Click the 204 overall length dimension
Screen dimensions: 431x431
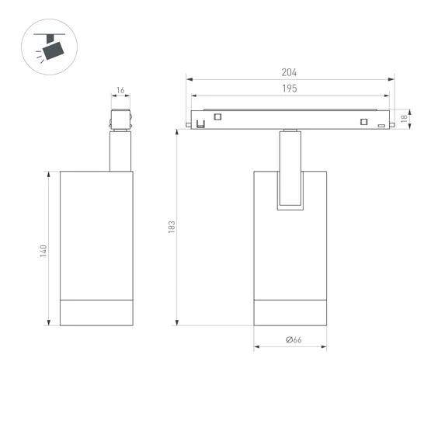(x=289, y=72)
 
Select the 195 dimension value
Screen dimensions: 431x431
(x=289, y=89)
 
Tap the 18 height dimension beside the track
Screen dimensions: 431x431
(x=405, y=119)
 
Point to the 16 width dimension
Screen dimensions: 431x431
(x=120, y=91)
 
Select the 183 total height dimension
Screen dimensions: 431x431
(x=172, y=227)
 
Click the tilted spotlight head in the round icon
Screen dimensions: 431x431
(x=54, y=50)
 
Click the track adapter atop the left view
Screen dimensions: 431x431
(x=120, y=121)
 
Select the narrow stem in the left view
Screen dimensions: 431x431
(x=120, y=151)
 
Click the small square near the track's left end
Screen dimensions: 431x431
(x=217, y=117)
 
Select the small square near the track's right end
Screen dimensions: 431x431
(x=362, y=120)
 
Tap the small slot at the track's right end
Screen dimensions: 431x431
(x=381, y=125)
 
